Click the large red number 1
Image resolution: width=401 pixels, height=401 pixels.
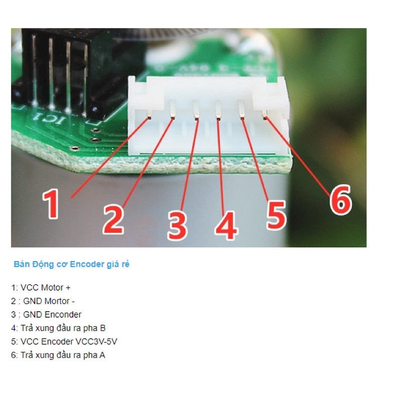coord(51,204)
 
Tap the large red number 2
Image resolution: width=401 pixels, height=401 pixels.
coord(113,220)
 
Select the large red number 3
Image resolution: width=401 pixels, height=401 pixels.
coord(177,226)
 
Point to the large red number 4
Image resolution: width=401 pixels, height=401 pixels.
coord(226,226)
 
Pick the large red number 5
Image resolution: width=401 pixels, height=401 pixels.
coord(276,215)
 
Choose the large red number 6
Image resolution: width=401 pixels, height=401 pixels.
coord(341,199)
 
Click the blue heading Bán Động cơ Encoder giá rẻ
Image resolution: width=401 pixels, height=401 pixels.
coord(72,264)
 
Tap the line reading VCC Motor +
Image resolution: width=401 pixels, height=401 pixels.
coord(41,288)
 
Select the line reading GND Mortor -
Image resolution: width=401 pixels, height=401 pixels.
coord(43,301)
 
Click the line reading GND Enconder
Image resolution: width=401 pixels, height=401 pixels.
coord(46,315)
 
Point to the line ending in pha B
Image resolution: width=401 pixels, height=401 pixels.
coord(58,328)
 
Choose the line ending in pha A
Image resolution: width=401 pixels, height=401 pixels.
coord(58,355)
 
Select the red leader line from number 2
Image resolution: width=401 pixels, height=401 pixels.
coord(148,163)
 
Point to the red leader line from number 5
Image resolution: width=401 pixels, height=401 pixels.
coord(254,159)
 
